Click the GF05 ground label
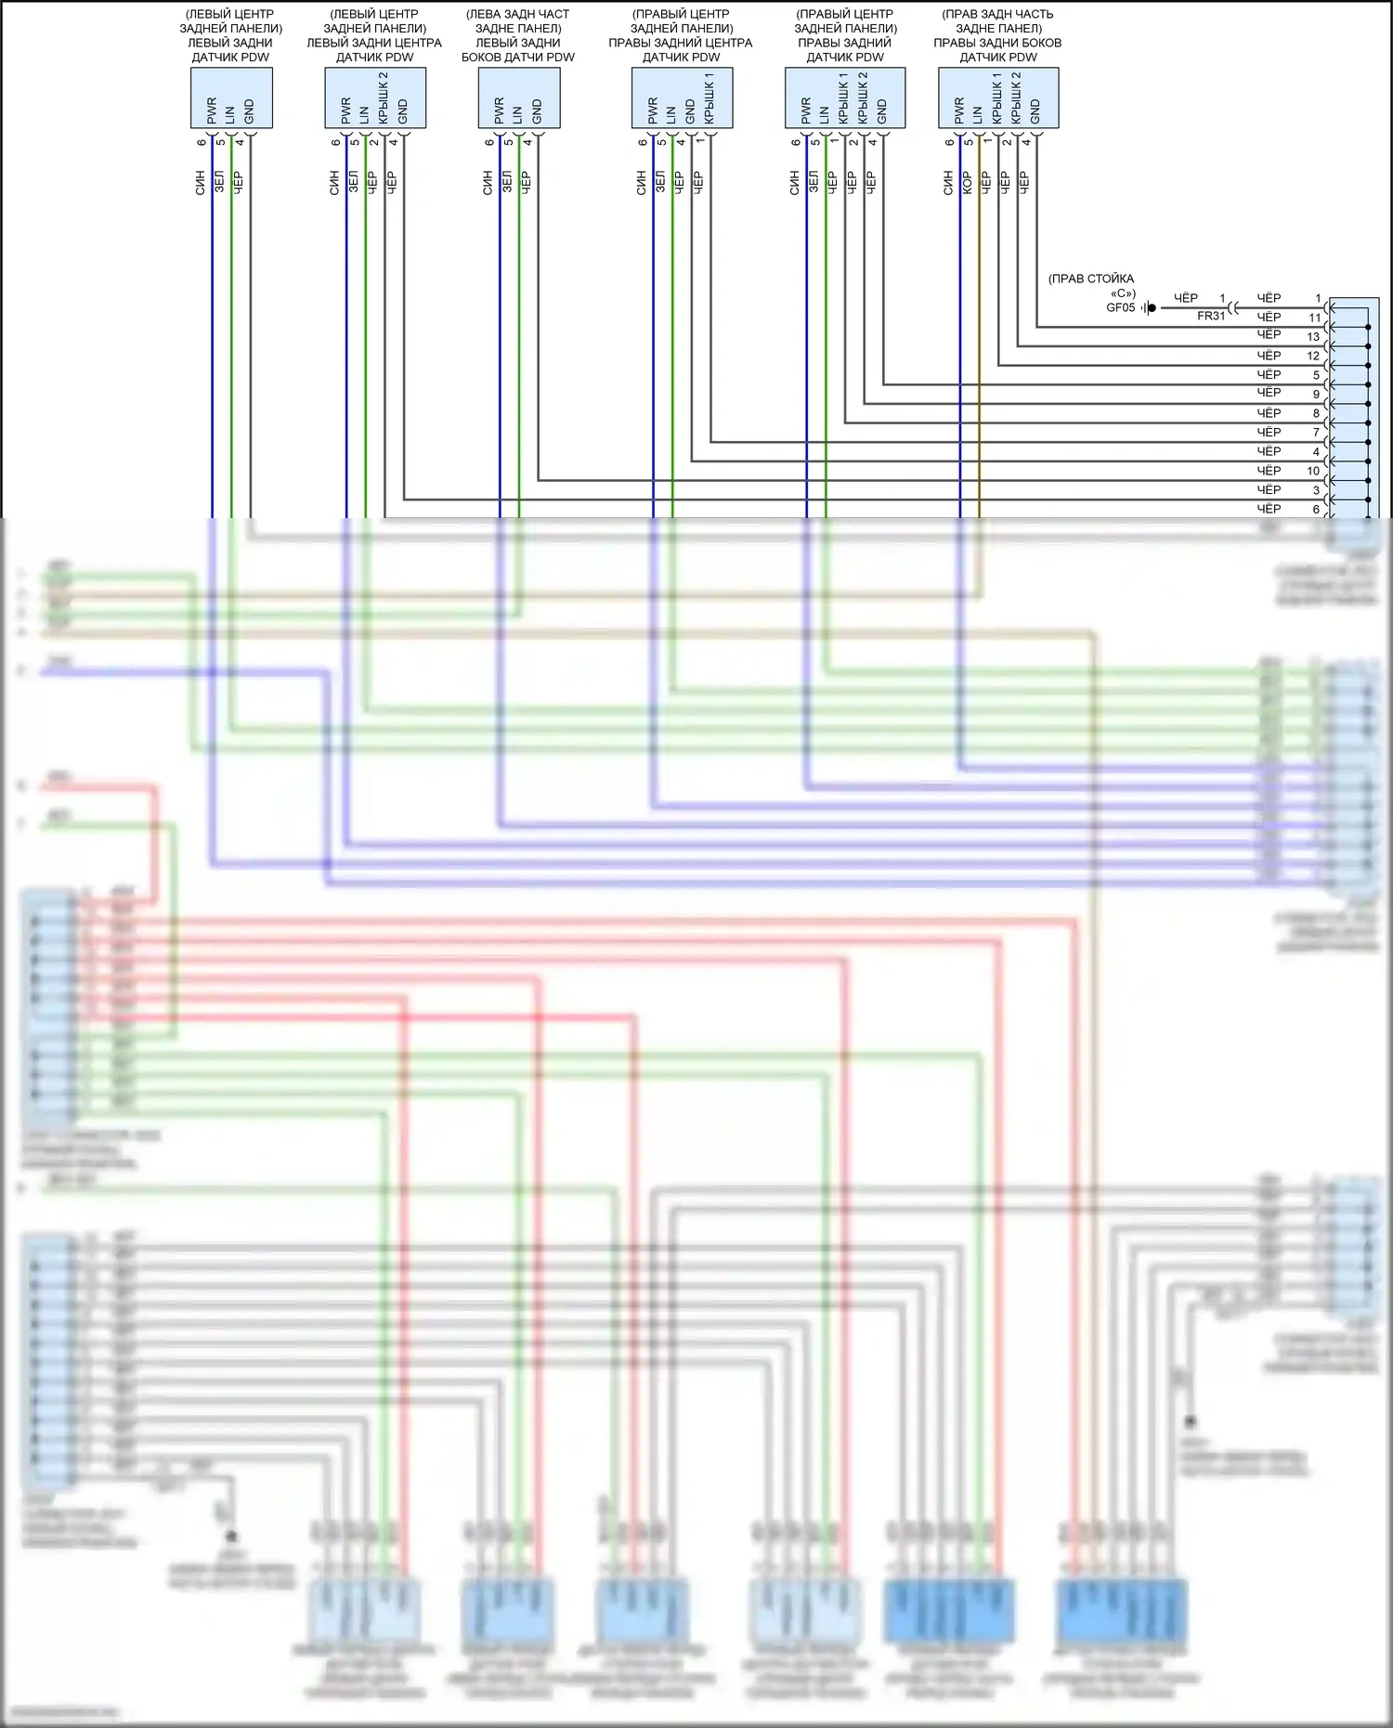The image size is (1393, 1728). point(1120,307)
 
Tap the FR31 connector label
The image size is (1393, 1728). point(1211,316)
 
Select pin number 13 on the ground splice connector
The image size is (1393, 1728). point(1313,336)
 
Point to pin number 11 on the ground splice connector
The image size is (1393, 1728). point(1314,318)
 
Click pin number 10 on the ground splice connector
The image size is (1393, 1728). point(1313,471)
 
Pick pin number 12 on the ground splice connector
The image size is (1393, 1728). point(1313,356)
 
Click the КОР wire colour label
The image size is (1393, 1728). point(967,181)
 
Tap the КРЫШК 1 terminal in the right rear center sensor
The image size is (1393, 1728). point(710,98)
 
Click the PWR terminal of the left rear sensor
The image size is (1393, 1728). point(212,110)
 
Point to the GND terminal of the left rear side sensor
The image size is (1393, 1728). point(537,111)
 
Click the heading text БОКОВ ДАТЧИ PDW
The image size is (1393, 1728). point(517,58)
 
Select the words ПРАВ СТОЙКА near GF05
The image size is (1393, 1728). point(1090,279)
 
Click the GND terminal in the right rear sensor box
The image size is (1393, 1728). point(882,111)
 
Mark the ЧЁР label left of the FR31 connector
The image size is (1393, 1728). point(1186,298)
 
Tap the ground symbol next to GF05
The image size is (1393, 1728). point(1151,307)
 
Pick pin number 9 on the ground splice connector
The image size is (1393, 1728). point(1316,394)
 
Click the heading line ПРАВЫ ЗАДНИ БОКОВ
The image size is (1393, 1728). point(996,43)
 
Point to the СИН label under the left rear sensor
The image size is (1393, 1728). point(201,182)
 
